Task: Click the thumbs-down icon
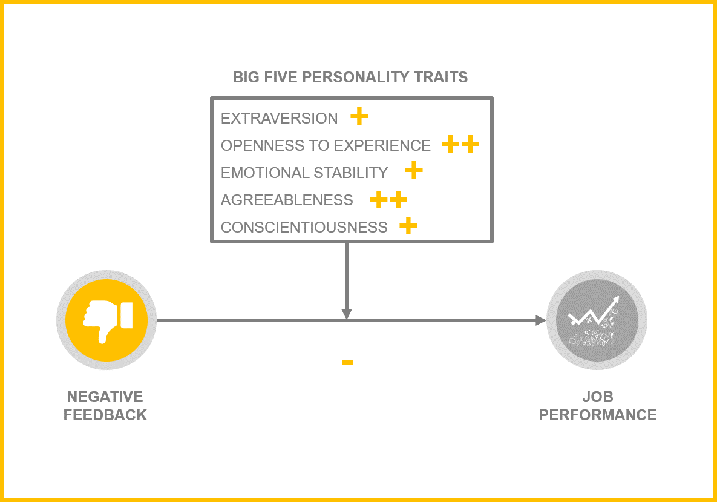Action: pyautogui.click(x=106, y=319)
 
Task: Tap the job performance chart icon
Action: pyautogui.click(x=597, y=319)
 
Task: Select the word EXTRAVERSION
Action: pyautogui.click(x=279, y=118)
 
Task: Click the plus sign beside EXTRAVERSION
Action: pyautogui.click(x=359, y=116)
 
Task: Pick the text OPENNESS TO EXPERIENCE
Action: pyautogui.click(x=326, y=145)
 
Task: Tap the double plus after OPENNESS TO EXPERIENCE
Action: pyautogui.click(x=460, y=144)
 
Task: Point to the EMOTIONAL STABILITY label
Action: pyautogui.click(x=304, y=173)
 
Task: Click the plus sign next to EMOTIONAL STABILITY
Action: pyautogui.click(x=414, y=170)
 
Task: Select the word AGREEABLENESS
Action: pyautogui.click(x=287, y=200)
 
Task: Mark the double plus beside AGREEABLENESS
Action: pyautogui.click(x=388, y=199)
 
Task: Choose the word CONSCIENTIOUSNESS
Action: pyautogui.click(x=304, y=227)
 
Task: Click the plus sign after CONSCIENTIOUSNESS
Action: pyautogui.click(x=408, y=226)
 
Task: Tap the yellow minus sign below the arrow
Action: pyautogui.click(x=347, y=363)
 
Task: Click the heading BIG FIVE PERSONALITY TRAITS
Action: pyautogui.click(x=350, y=78)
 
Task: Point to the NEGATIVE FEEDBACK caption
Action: pyautogui.click(x=105, y=406)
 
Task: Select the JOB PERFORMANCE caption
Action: pyautogui.click(x=598, y=406)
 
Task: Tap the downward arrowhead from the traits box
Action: pyautogui.click(x=347, y=314)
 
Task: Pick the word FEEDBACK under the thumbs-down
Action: pyautogui.click(x=105, y=415)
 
